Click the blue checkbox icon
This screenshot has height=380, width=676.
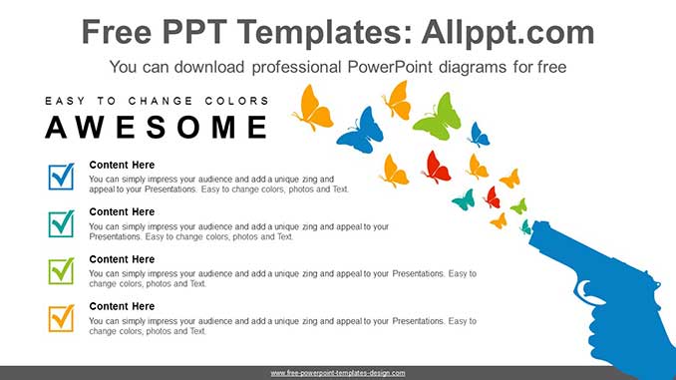(61, 177)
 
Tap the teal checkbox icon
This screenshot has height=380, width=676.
(61, 223)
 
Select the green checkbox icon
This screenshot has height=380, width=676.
(61, 270)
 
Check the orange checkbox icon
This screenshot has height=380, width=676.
(61, 317)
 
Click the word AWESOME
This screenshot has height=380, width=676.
(157, 128)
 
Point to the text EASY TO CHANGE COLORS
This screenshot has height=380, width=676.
(157, 101)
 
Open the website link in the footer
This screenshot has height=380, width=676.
(337, 372)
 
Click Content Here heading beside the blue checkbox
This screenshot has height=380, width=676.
(122, 165)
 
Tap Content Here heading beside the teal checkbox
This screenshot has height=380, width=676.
(122, 211)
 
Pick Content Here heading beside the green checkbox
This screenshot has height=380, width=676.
(122, 259)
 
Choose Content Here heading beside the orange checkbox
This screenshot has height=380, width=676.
(122, 306)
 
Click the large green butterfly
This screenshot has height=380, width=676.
(438, 118)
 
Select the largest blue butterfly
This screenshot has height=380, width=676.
(360, 131)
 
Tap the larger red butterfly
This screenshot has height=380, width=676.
(436, 167)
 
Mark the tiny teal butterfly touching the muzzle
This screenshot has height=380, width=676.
(525, 227)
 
